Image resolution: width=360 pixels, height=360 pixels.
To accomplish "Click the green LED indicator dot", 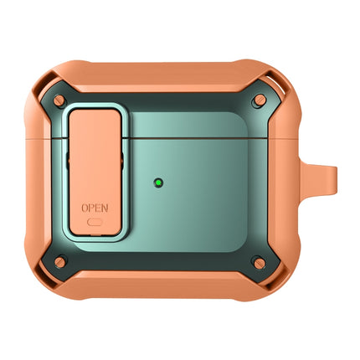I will [158, 180].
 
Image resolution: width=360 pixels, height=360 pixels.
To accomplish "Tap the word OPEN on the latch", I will [95, 206].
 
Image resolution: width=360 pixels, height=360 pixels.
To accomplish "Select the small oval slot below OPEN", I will [95, 223].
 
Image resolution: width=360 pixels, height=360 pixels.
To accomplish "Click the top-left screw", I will [59, 100].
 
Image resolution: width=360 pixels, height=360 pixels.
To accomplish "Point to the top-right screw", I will [260, 100].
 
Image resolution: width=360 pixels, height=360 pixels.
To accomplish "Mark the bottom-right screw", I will [260, 264].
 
